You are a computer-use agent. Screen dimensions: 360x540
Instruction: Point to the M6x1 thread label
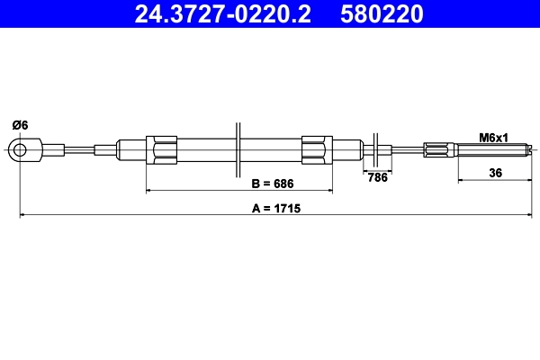point(494,138)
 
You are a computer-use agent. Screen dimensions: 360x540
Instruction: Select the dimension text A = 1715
point(275,208)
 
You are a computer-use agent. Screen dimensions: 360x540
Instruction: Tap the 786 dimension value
point(378,177)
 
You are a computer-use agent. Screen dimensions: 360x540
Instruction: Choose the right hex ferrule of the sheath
point(318,149)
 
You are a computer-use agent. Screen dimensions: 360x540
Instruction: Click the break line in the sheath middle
point(238,149)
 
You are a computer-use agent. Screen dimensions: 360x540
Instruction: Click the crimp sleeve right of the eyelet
point(56,149)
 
